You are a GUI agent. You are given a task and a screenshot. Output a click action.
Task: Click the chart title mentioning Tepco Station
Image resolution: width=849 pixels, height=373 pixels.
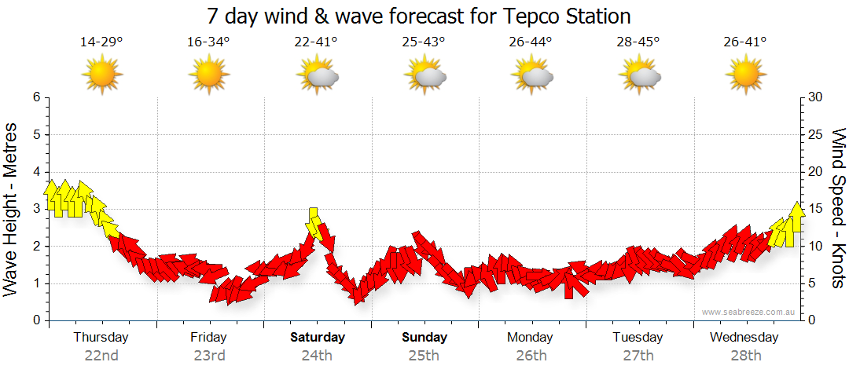click(x=418, y=16)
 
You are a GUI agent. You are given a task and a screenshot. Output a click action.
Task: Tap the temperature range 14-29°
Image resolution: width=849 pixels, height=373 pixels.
click(x=101, y=42)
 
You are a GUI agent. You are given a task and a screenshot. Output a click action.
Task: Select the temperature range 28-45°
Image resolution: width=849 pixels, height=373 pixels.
click(x=638, y=42)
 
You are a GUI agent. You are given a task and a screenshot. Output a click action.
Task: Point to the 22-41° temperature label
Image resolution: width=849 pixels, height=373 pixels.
click(x=316, y=42)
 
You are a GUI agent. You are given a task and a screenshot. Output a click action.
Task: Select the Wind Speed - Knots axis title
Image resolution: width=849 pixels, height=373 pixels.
click(x=838, y=208)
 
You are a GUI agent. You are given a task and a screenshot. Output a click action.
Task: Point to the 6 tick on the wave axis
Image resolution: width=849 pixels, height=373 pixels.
click(x=36, y=97)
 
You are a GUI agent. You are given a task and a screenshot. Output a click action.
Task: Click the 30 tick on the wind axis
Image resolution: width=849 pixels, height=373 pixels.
click(x=815, y=97)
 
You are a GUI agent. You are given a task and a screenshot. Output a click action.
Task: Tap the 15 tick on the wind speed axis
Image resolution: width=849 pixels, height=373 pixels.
click(x=815, y=209)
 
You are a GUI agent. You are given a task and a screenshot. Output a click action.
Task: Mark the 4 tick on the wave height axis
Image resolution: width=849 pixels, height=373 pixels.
click(x=36, y=172)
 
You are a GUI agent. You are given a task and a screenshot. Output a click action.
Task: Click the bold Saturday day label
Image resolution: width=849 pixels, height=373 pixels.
click(x=317, y=338)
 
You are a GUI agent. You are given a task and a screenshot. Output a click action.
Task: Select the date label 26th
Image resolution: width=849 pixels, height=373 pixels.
click(x=531, y=355)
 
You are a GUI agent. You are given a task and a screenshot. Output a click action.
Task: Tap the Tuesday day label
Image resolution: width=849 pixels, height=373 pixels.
click(x=638, y=338)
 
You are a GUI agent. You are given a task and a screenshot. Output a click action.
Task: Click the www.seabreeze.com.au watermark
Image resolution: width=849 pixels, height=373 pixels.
click(x=749, y=313)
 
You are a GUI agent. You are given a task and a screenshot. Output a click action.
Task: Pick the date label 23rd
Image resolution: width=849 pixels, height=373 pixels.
click(x=208, y=355)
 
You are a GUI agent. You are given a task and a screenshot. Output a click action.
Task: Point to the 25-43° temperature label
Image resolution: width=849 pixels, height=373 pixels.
click(x=424, y=42)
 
